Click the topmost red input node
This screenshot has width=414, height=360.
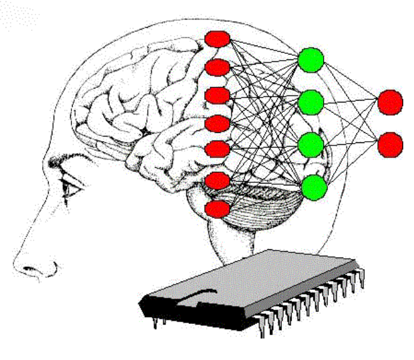tap(217, 39)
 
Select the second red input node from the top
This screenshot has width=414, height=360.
tap(217, 67)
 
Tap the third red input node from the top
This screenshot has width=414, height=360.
tap(217, 96)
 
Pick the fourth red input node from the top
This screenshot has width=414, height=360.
tap(217, 123)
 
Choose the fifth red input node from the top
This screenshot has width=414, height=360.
tap(217, 149)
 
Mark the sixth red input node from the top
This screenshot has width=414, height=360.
tap(217, 180)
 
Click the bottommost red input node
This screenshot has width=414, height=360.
tap(217, 208)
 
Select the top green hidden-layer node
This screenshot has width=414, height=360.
tap(312, 60)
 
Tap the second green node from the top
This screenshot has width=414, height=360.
tap(312, 102)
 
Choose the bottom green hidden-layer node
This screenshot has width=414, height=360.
tap(314, 187)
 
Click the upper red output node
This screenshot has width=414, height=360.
tap(390, 102)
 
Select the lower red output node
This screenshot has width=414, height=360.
tap(391, 144)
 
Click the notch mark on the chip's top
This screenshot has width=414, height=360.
tap(203, 292)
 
